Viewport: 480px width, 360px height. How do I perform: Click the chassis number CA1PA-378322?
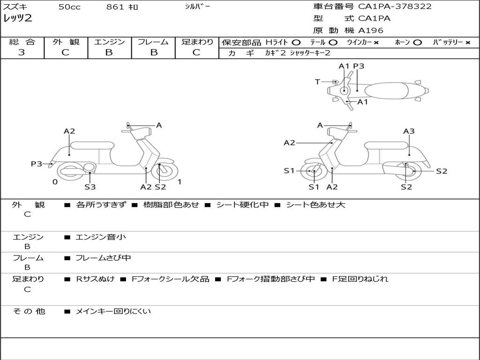point(395,7)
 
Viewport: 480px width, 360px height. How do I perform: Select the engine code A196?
point(371,30)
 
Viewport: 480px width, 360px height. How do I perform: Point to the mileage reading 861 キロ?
point(122,7)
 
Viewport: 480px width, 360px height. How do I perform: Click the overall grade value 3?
point(22,52)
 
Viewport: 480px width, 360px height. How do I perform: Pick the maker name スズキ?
point(15,7)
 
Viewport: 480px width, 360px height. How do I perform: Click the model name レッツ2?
point(17,19)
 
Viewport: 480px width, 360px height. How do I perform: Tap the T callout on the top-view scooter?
point(317,82)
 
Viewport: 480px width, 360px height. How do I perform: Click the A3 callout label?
point(409,131)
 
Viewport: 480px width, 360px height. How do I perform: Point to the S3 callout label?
point(90,187)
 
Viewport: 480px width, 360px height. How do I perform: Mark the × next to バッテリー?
point(468,43)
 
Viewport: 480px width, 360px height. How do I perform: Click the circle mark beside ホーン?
point(418,43)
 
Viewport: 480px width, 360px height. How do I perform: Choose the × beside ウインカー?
point(376,43)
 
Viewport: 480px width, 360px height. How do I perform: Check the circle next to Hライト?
point(296,43)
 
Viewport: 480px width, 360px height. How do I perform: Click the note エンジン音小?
point(101,237)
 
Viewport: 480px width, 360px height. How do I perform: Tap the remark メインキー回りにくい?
point(113,311)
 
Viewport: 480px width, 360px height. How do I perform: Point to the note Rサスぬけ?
point(95,279)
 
